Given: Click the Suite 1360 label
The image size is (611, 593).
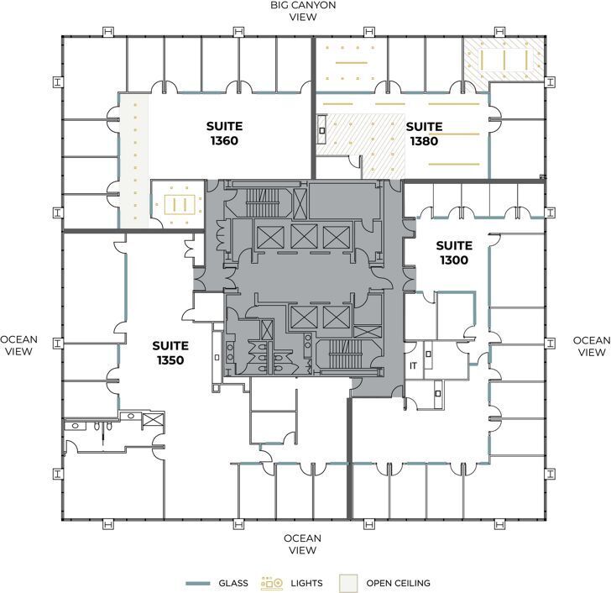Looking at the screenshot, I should coord(225,134).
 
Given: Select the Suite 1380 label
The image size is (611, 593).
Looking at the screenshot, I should coord(424,134).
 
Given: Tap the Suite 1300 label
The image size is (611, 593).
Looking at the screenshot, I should coord(454,253).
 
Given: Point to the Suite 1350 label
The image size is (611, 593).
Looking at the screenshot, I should coord(170,353).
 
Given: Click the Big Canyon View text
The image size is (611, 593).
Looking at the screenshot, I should coord(303,11).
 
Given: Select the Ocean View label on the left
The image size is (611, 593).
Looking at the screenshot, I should coord(18,346).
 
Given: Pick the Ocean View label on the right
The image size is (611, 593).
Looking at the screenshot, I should coord(591,346).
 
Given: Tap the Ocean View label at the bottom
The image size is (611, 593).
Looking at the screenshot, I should coord(302,544).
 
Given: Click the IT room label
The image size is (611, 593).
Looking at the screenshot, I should coord(413,366).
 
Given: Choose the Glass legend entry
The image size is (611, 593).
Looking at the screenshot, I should coord(232,583).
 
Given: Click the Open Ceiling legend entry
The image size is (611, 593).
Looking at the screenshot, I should coord(398,583).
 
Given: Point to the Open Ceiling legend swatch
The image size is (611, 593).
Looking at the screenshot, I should coord(348,582).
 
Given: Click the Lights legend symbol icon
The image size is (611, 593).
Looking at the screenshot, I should coord(273,582).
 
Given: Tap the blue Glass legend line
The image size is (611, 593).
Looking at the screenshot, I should coord(196,583).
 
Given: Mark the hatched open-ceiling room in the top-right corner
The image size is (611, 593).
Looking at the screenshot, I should coord(504,59).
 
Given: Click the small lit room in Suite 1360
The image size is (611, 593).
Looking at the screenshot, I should coord(178,203).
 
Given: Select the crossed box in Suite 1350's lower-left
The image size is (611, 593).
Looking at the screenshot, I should coord(152,420).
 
